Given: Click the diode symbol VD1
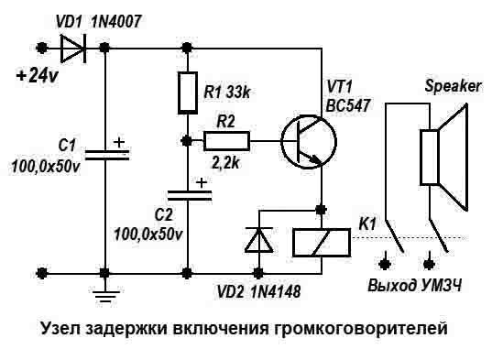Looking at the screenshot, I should click(x=72, y=47).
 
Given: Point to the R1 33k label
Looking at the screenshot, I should click(x=227, y=92).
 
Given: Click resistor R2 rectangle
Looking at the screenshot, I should click(x=225, y=140).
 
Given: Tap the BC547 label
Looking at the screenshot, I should click(x=348, y=104).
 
